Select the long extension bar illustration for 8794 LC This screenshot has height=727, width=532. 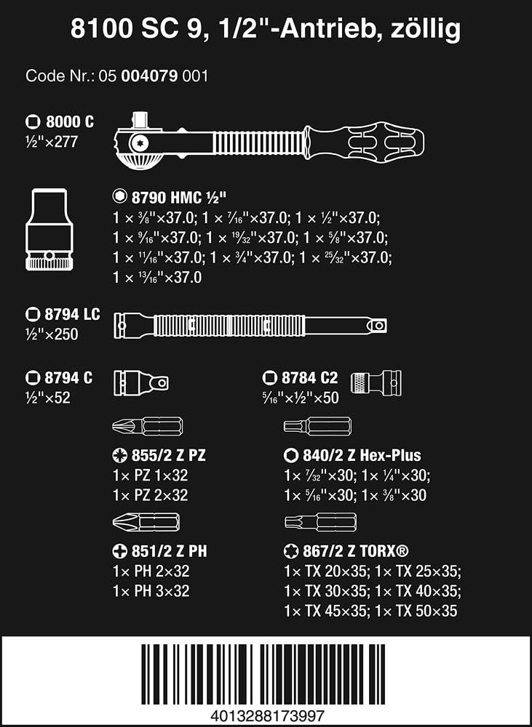pyautogui.click(x=251, y=328)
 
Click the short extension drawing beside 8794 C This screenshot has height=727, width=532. pyautogui.click(x=143, y=382)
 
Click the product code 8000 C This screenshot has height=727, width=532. pyautogui.click(x=70, y=121)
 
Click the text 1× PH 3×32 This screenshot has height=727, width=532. pyautogui.click(x=151, y=591)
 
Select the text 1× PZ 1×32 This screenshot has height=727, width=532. pyautogui.click(x=151, y=475)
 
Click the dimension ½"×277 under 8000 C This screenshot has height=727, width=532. pyautogui.click(x=53, y=142)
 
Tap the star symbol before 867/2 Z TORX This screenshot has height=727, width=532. pyautogui.click(x=290, y=551)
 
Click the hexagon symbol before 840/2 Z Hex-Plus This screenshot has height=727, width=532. pyautogui.click(x=290, y=456)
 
